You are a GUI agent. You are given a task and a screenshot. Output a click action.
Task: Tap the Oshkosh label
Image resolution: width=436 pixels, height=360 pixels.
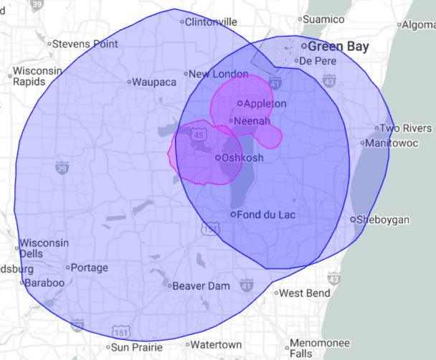(243, 158)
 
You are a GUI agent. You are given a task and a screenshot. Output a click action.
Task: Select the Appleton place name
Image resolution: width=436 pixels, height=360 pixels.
(265, 104)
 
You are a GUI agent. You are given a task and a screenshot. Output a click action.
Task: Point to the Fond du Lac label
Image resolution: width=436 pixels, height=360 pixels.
(267, 214)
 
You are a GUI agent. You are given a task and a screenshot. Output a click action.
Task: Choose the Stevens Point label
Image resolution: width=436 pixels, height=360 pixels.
(85, 44)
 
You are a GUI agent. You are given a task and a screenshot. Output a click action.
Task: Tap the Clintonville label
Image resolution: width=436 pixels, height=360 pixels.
(211, 22)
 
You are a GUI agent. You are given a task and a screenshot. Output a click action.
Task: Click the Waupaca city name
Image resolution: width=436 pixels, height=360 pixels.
(154, 82)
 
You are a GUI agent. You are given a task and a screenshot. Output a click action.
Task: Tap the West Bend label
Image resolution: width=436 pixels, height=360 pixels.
(304, 293)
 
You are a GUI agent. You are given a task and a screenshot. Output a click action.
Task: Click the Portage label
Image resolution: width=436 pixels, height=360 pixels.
(90, 268)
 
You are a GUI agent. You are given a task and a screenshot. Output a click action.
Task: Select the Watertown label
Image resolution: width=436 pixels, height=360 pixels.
(216, 345)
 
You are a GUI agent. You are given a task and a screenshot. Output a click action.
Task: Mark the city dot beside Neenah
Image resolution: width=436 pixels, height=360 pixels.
(231, 121)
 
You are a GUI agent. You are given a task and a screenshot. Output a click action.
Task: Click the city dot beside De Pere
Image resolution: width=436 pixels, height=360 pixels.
(293, 62)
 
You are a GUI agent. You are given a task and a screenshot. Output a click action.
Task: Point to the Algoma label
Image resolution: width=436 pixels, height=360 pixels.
(420, 25)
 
